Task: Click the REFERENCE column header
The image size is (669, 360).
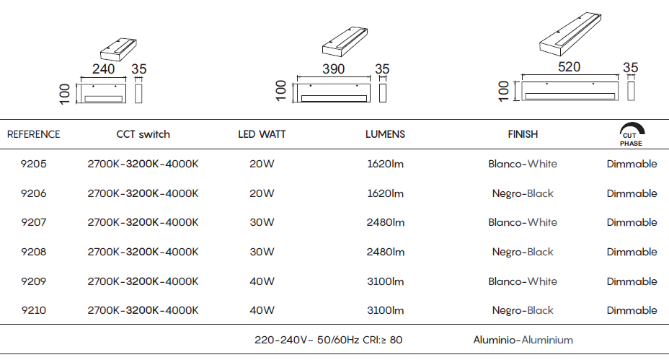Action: click(x=33, y=134)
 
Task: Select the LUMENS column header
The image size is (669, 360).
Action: click(x=385, y=134)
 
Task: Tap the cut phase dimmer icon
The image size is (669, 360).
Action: click(x=632, y=134)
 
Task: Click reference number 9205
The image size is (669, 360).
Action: click(x=33, y=164)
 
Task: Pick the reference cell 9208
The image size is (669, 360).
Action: click(x=33, y=252)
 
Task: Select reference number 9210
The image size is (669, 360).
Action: click(x=33, y=310)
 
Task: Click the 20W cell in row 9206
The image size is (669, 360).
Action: click(x=262, y=193)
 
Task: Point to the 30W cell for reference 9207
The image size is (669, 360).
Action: click(x=262, y=222)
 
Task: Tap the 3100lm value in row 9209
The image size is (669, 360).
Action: click(x=385, y=281)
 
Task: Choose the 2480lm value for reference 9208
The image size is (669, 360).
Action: click(x=385, y=252)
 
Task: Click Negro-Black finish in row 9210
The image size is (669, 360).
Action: click(x=523, y=310)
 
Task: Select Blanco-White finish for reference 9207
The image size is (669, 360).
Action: click(x=523, y=222)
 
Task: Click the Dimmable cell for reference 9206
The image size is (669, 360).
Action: click(x=632, y=193)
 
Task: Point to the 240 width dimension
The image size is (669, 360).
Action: click(x=103, y=69)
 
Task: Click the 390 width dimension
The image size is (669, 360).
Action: click(x=333, y=69)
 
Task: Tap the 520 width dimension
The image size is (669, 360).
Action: click(x=570, y=66)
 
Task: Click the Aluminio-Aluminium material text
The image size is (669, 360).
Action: click(x=523, y=340)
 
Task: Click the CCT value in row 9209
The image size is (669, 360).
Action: click(x=143, y=281)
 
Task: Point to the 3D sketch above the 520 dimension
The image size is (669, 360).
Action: click(x=570, y=34)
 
